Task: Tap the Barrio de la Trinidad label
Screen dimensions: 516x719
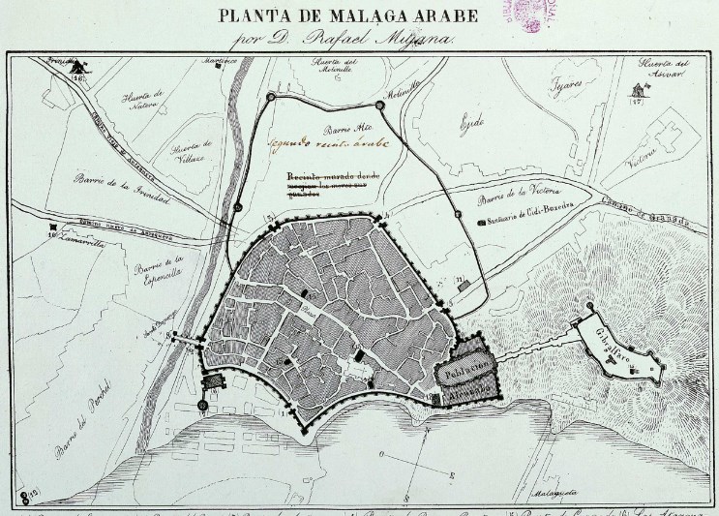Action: click(125, 191)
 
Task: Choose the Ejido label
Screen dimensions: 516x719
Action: click(470, 123)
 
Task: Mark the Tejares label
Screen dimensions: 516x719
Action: click(565, 86)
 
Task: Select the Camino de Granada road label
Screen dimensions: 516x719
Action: click(647, 215)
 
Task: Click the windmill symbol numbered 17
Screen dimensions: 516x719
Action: click(636, 90)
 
